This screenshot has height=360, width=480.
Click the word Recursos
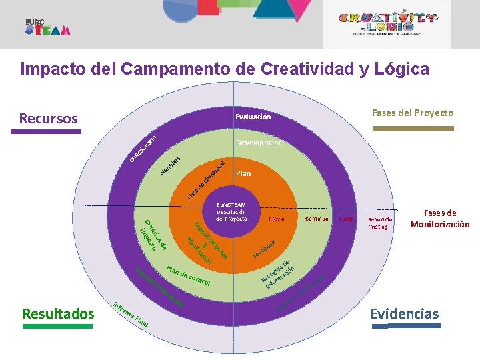click(48, 119)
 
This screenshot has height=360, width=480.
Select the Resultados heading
click(58, 313)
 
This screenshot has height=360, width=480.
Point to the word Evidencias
click(405, 313)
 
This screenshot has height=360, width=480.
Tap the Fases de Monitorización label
click(440, 219)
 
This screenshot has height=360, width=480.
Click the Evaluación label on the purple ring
click(253, 117)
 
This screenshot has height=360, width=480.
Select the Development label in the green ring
click(259, 143)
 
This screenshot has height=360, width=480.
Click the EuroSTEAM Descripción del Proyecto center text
click(230, 212)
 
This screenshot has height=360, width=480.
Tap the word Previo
click(277, 218)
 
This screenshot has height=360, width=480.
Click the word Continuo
click(317, 218)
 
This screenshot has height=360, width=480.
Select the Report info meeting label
click(381, 222)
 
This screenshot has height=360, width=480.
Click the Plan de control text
click(188, 277)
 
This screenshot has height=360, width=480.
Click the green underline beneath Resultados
click(58, 327)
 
